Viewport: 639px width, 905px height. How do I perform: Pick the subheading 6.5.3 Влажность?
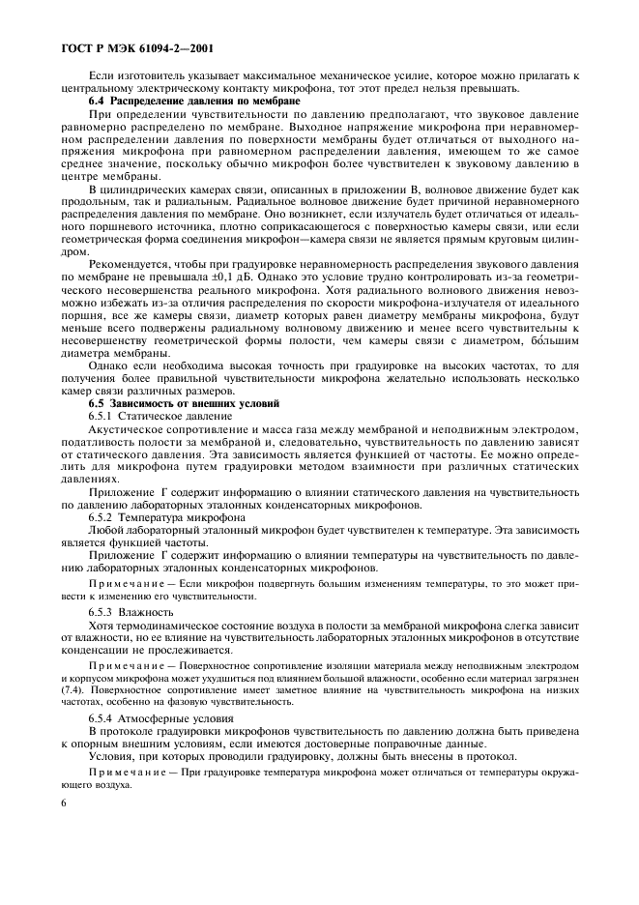click(131, 613)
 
